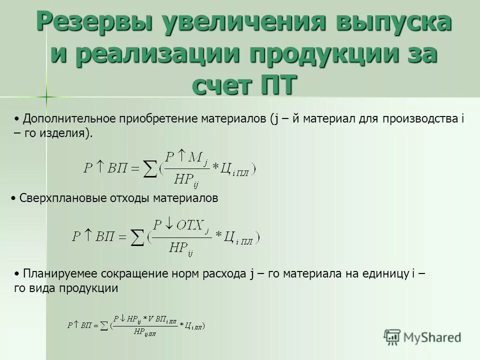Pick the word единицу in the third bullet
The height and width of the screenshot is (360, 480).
click(x=384, y=274)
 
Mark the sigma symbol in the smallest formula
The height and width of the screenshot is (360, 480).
click(x=104, y=325)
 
